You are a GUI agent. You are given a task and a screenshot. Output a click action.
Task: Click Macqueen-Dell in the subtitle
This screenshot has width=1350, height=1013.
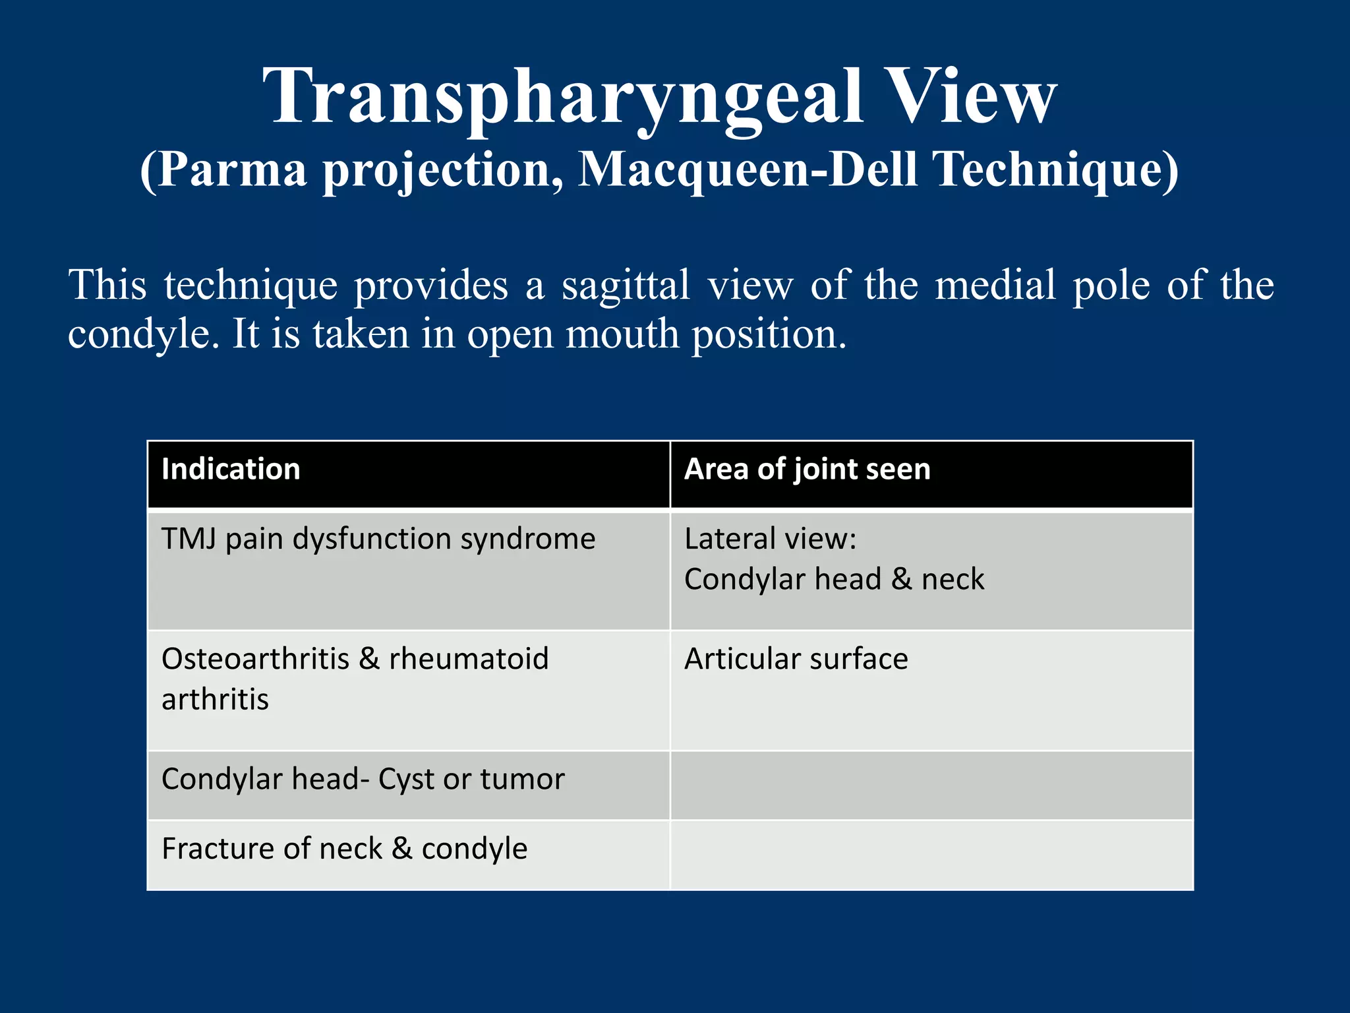[x=748, y=170]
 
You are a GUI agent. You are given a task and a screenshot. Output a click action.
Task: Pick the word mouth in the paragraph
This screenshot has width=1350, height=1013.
[x=622, y=334]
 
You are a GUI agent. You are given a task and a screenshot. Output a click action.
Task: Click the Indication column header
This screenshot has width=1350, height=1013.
[x=231, y=470]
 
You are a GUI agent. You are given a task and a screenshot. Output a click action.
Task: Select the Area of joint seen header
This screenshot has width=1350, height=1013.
[x=807, y=470]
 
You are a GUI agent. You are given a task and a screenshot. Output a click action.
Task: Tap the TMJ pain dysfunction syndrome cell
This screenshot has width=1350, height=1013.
[x=378, y=539]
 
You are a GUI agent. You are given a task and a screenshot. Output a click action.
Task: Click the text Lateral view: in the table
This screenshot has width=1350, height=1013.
[x=770, y=539]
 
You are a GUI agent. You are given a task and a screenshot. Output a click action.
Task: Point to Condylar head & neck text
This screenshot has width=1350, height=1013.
[x=834, y=580]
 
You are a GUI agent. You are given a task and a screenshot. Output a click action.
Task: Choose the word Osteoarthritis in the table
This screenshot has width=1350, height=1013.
[x=255, y=659]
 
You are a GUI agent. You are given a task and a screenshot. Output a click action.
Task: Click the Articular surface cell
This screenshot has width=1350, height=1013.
[x=796, y=659]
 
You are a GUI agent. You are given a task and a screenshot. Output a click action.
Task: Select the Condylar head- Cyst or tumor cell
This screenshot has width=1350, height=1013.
[x=363, y=780]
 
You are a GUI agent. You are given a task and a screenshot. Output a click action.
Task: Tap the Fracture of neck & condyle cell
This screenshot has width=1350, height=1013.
[x=344, y=849]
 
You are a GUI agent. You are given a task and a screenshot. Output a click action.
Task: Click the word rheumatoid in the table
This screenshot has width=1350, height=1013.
[x=469, y=659]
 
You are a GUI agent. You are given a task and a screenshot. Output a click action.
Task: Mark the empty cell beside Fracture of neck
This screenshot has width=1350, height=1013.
[x=931, y=855]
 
